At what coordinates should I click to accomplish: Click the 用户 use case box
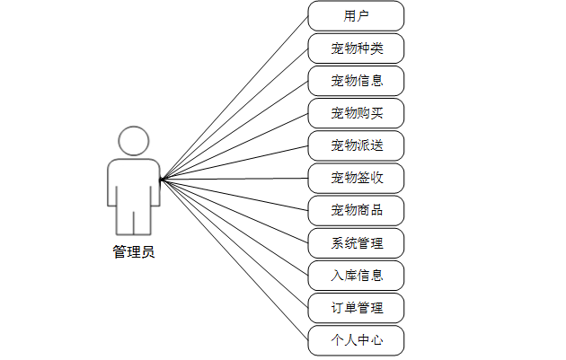coord(356,16)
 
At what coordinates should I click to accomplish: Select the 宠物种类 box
coord(356,48)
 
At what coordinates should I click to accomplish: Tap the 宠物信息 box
coord(356,81)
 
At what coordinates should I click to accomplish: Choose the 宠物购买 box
coord(356,113)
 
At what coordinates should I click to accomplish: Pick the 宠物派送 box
coord(356,145)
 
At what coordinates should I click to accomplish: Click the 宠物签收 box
coord(356,178)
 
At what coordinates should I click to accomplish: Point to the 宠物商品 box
coord(356,210)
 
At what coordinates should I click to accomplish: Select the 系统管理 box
coord(356,242)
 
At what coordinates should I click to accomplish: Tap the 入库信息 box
coord(356,276)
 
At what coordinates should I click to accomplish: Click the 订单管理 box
coord(356,308)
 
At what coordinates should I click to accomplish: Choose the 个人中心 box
coord(356,340)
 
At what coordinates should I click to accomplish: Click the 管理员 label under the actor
coord(133,252)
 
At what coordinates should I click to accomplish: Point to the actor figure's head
coord(133,142)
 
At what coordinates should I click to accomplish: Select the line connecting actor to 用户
coord(234,97)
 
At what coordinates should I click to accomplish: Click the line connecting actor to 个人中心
coord(234,260)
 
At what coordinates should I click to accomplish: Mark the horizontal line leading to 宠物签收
coord(234,179)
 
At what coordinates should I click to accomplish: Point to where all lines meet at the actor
coord(161,179)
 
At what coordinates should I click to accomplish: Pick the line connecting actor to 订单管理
coord(234,243)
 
